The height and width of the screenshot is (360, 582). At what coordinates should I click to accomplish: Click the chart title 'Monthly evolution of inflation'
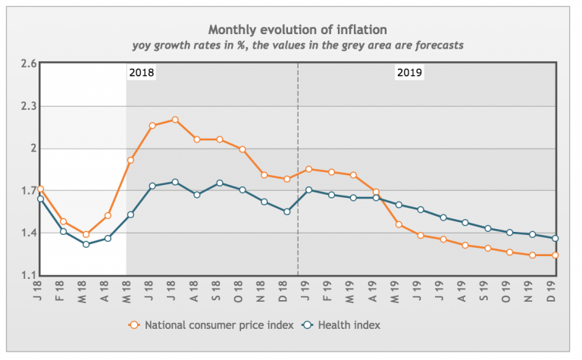[x=298, y=30]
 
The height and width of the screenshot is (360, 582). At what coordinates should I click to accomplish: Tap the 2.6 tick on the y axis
[x=29, y=64]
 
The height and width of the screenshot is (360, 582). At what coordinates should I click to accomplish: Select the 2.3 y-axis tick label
[x=29, y=107]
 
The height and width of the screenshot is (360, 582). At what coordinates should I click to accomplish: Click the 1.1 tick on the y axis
[x=29, y=275]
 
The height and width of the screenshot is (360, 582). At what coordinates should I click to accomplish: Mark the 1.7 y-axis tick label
[x=29, y=191]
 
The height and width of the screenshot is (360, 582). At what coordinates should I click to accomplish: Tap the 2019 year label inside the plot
[x=409, y=74]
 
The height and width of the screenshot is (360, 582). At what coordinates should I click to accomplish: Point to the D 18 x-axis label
[x=287, y=292]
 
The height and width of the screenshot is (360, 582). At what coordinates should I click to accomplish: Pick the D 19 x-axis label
[x=556, y=292]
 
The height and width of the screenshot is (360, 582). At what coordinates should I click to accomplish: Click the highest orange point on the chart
[x=175, y=120]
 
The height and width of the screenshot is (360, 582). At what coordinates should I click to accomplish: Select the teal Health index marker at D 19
[x=556, y=239]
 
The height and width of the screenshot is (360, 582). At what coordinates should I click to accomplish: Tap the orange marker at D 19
[x=556, y=255]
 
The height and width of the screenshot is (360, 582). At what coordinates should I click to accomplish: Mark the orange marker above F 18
[x=63, y=222]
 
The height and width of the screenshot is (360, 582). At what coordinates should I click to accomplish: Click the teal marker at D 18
[x=287, y=211]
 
